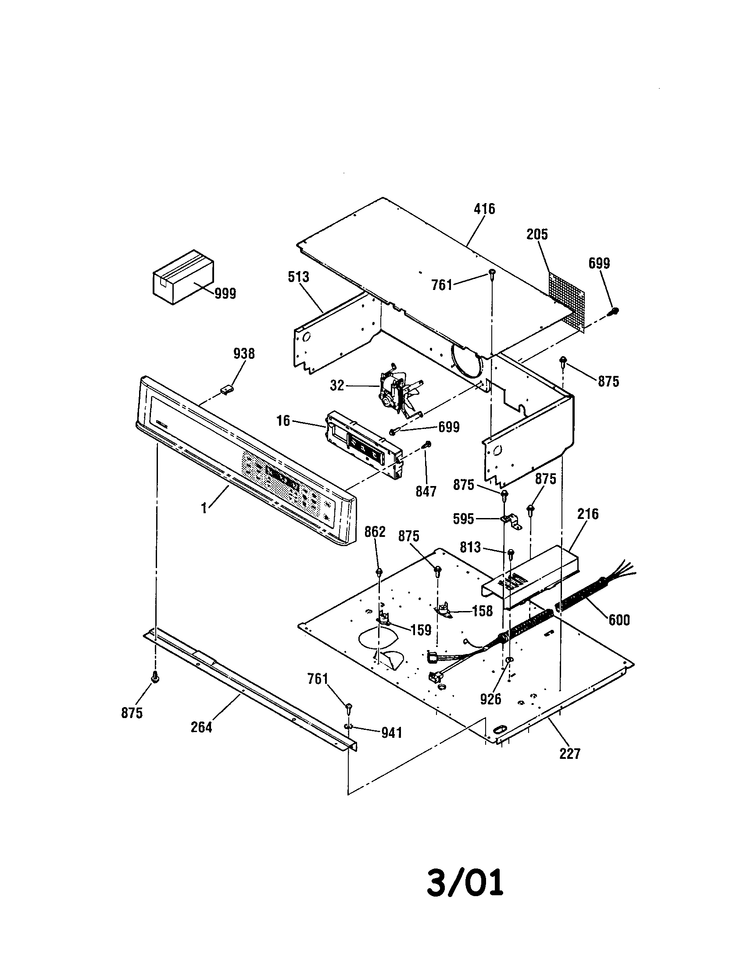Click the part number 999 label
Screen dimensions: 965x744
tap(225, 293)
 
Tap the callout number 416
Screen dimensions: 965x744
tap(484, 209)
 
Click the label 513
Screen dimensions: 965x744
tap(298, 277)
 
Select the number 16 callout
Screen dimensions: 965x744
tap(283, 421)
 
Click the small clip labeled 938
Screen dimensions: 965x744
tap(227, 389)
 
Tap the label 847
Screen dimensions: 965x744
tap(426, 491)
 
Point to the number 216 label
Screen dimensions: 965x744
tap(587, 514)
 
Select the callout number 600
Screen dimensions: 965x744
tap(619, 620)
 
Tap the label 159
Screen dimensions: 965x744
tap(421, 630)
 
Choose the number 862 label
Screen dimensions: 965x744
tap(375, 532)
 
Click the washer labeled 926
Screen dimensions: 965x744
tap(508, 672)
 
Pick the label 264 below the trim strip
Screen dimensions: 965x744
tap(201, 727)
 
